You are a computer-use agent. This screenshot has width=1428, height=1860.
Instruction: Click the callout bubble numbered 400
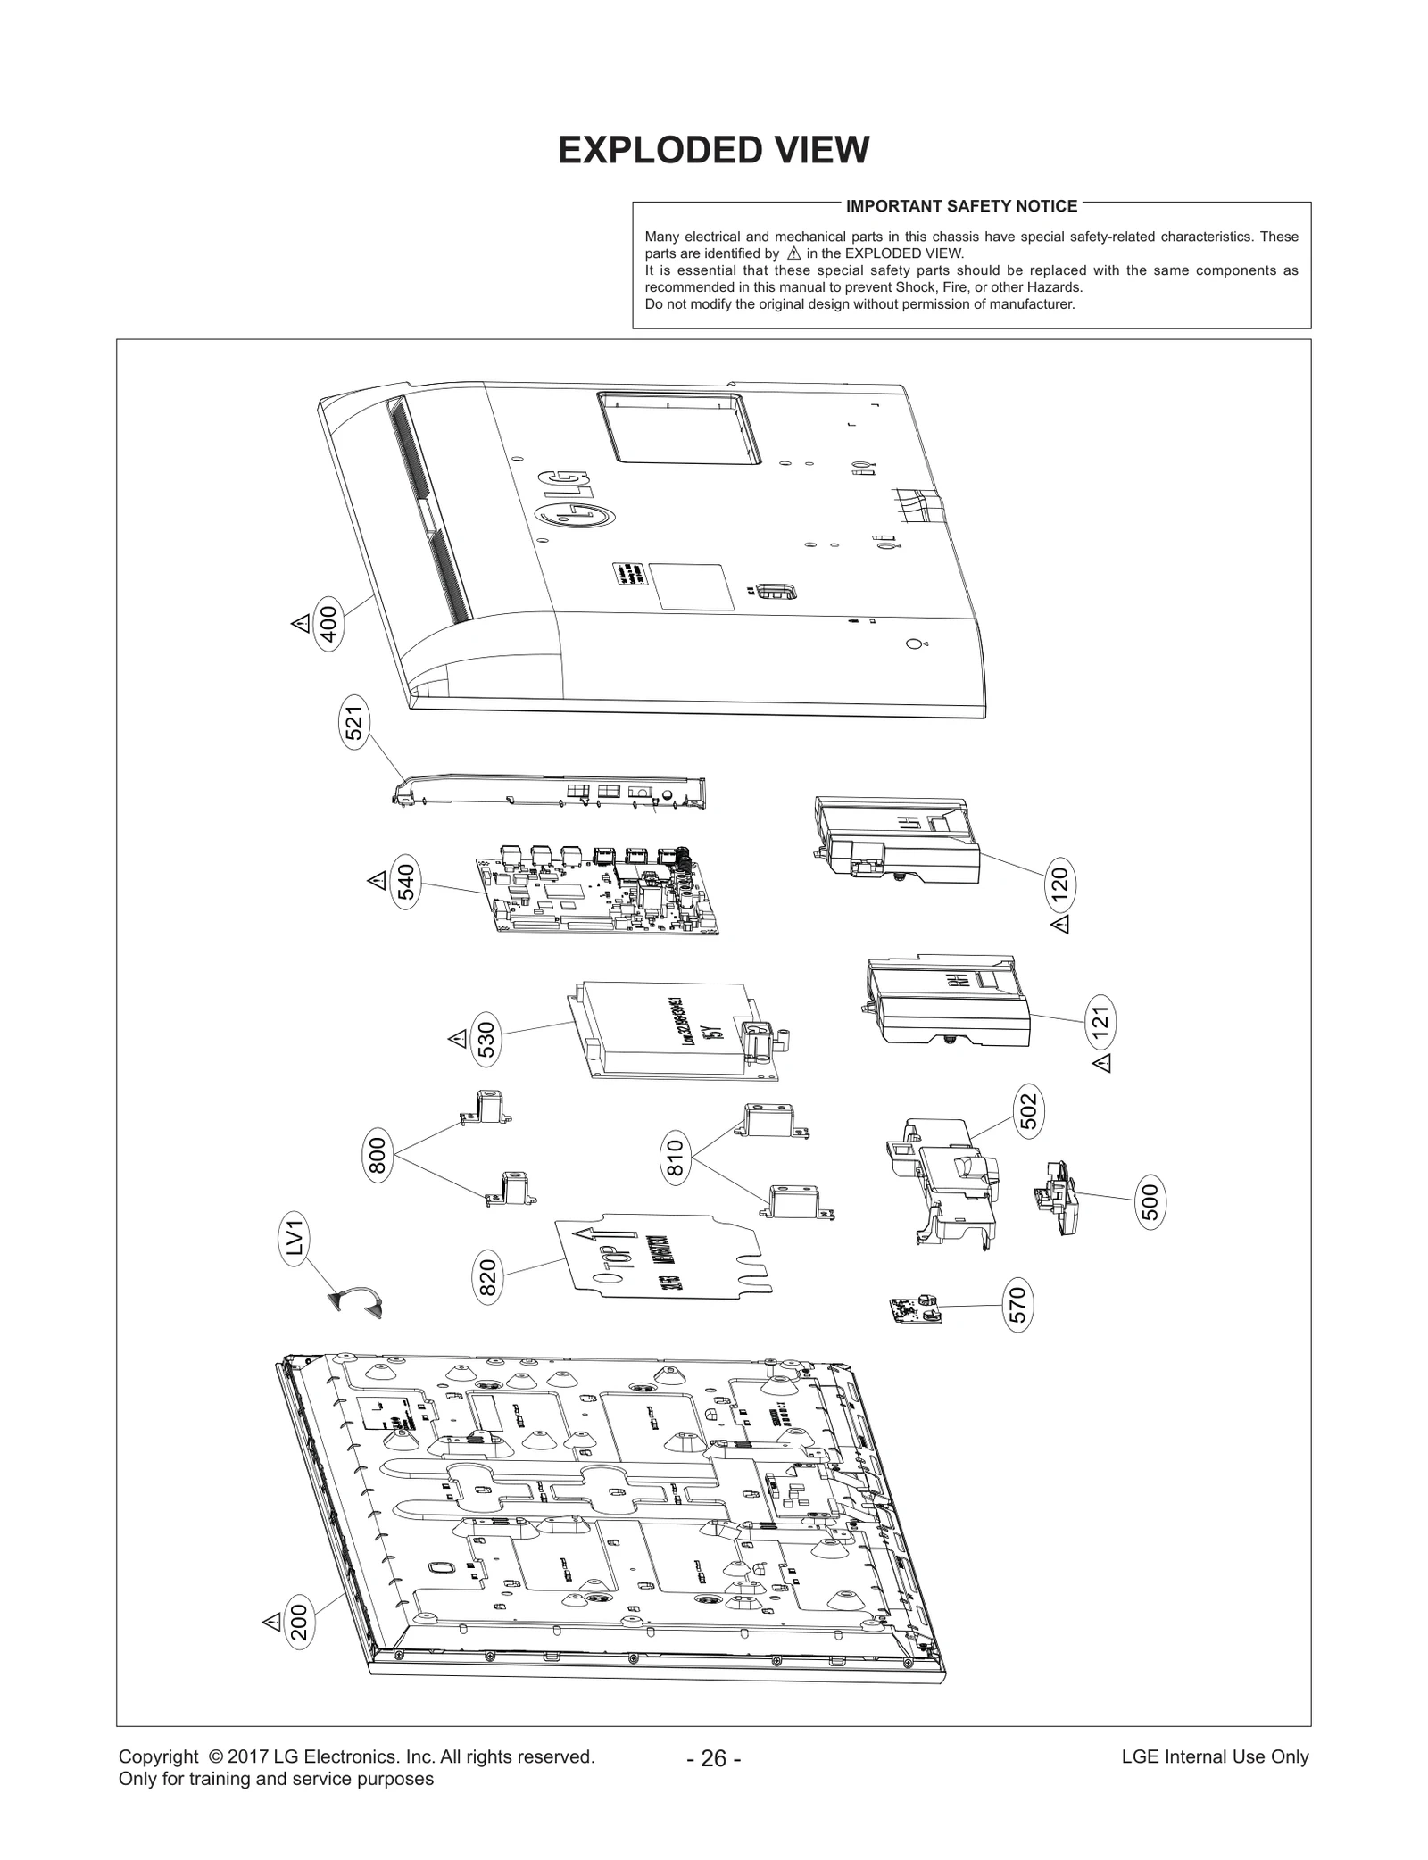point(328,624)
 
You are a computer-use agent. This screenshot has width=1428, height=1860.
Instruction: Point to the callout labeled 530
point(486,1040)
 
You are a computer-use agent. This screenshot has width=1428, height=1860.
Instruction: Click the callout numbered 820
point(488,1276)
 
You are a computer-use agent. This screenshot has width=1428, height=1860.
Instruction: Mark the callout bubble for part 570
point(1018,1305)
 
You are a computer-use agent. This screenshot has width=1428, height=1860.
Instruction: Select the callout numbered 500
point(1150,1201)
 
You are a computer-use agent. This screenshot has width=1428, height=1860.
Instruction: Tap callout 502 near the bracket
point(1029,1110)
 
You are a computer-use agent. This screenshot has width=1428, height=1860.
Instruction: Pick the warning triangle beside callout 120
point(1059,924)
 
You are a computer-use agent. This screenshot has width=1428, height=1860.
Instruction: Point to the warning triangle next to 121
point(1102,1062)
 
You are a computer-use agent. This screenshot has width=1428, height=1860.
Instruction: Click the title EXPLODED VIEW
point(713,150)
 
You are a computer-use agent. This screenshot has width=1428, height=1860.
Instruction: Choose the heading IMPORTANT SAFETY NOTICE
point(961,206)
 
